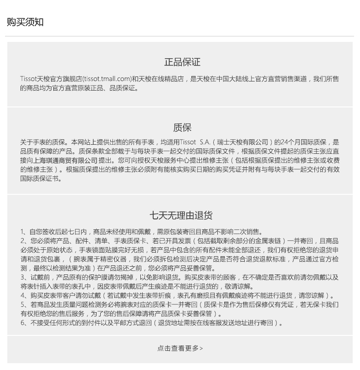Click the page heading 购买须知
coord(25,22)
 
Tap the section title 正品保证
coord(182,62)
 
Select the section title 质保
coord(182,127)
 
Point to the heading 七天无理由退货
coord(181,215)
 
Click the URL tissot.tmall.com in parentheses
coord(107,79)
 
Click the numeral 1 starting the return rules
coord(22,232)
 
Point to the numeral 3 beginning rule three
coord(22,277)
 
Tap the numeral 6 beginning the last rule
coord(22,323)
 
